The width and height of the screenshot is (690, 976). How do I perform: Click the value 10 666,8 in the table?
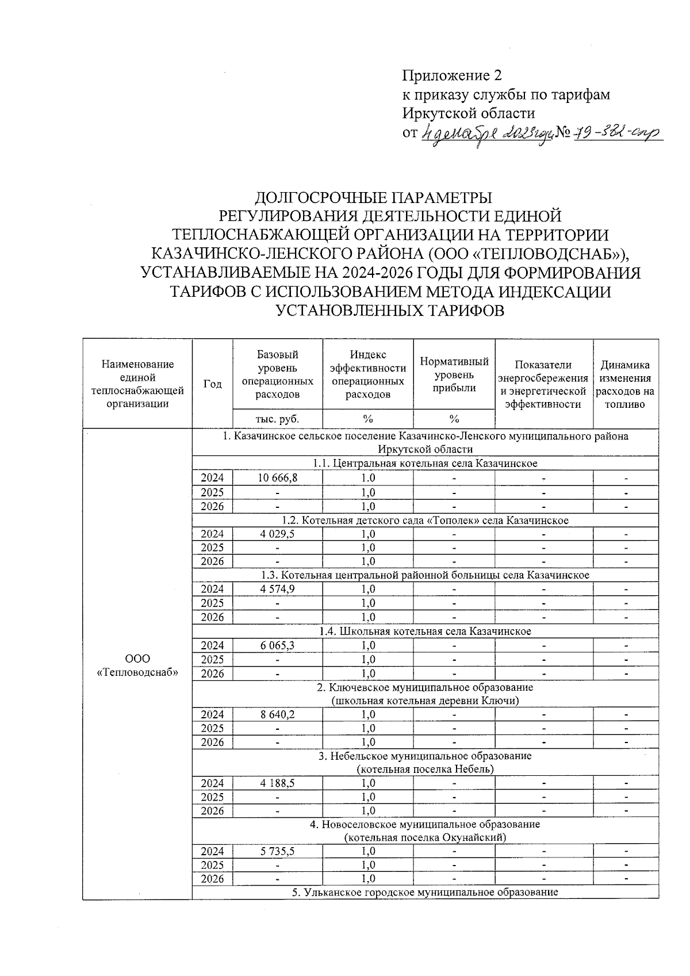coord(278,478)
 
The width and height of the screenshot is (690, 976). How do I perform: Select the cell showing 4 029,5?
coord(278,534)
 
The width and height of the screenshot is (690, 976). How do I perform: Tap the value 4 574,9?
coord(278,589)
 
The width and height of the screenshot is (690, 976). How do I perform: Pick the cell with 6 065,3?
coord(278,645)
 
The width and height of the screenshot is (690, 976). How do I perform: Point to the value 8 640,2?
coord(278,714)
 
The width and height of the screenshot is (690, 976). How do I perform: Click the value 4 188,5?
coord(278,783)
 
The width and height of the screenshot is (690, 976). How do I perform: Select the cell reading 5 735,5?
coord(278,851)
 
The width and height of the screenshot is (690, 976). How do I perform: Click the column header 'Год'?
coord(212,384)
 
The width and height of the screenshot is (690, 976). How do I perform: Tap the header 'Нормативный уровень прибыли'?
coord(454,374)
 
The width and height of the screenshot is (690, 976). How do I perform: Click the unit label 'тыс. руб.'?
coord(278,418)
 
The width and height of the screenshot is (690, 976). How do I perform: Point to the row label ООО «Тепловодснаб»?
coord(137,665)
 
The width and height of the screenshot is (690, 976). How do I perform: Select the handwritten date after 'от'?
coord(486,133)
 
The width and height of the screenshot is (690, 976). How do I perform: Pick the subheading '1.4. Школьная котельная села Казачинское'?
coord(425,631)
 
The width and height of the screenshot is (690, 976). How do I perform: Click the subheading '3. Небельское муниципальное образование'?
coord(425,756)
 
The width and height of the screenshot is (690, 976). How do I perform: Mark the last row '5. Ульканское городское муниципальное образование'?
coord(425,892)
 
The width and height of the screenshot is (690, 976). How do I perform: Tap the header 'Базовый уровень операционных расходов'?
coord(278,374)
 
